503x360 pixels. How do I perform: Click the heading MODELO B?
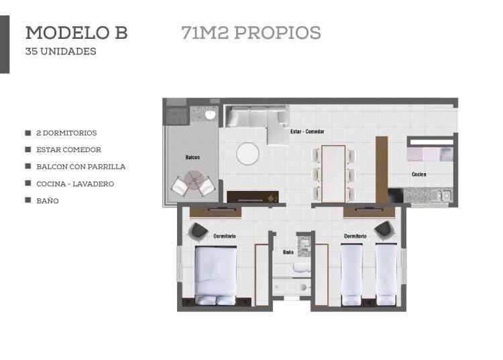pos(76,33)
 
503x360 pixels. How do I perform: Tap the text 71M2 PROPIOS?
pos(251,33)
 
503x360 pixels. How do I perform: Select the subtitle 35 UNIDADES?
pos(60,52)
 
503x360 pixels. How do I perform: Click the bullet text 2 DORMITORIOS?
pos(66,133)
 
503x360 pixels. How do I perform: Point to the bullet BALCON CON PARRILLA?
pos(81,167)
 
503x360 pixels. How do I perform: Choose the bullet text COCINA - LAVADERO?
pos(75,184)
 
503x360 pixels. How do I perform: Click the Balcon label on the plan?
pos(192,157)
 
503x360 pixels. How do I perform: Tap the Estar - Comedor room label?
pos(307,131)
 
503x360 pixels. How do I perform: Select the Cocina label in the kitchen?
pos(419,174)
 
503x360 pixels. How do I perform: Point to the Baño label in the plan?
pos(288,252)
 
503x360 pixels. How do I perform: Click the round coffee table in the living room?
pos(247,154)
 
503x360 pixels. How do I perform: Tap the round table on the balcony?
pos(193,180)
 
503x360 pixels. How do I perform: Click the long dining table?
pos(333,174)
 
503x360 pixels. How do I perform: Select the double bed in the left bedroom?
pos(215,276)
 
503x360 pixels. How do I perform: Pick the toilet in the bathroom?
pos(302,267)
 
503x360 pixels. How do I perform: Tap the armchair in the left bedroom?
pos(198,231)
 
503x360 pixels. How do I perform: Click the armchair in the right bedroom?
pos(385,230)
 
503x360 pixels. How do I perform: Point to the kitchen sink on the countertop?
pos(442,194)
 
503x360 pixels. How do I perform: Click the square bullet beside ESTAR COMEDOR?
pos(28,149)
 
